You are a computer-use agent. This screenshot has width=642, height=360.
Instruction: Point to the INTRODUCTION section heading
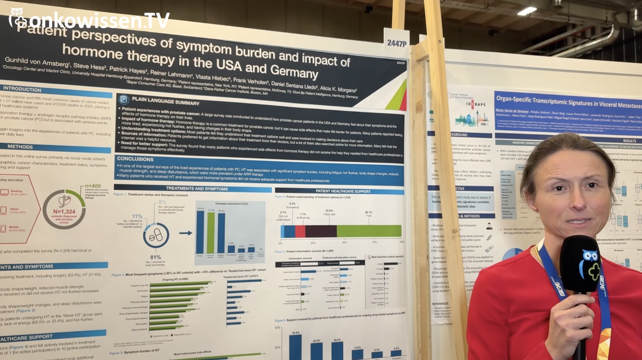click(23, 89)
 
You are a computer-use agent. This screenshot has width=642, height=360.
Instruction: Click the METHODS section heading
click(20, 147)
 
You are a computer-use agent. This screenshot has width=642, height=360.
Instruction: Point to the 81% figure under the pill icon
click(156, 257)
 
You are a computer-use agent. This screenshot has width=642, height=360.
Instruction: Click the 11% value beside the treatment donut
click(137, 216)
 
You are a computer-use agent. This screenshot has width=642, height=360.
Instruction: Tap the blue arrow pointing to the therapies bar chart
click(186, 233)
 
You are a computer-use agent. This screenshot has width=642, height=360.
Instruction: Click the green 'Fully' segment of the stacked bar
click(369, 231)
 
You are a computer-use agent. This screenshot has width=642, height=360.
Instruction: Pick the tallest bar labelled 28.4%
click(295, 347)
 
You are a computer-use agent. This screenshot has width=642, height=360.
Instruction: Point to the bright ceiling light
click(527, 11)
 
